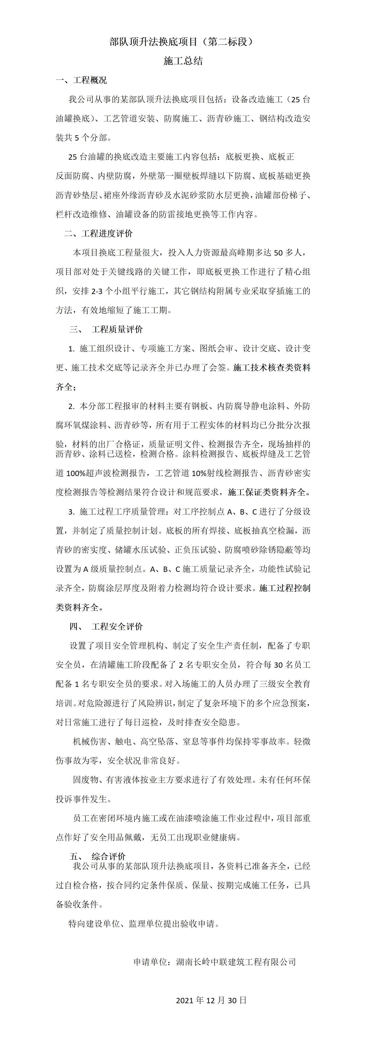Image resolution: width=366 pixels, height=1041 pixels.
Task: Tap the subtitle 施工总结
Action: [183, 61]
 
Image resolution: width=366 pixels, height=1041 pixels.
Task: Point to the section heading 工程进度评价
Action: [107, 234]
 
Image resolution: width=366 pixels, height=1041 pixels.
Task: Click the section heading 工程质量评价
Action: [117, 329]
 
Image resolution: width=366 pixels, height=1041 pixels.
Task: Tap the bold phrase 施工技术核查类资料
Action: [272, 368]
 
